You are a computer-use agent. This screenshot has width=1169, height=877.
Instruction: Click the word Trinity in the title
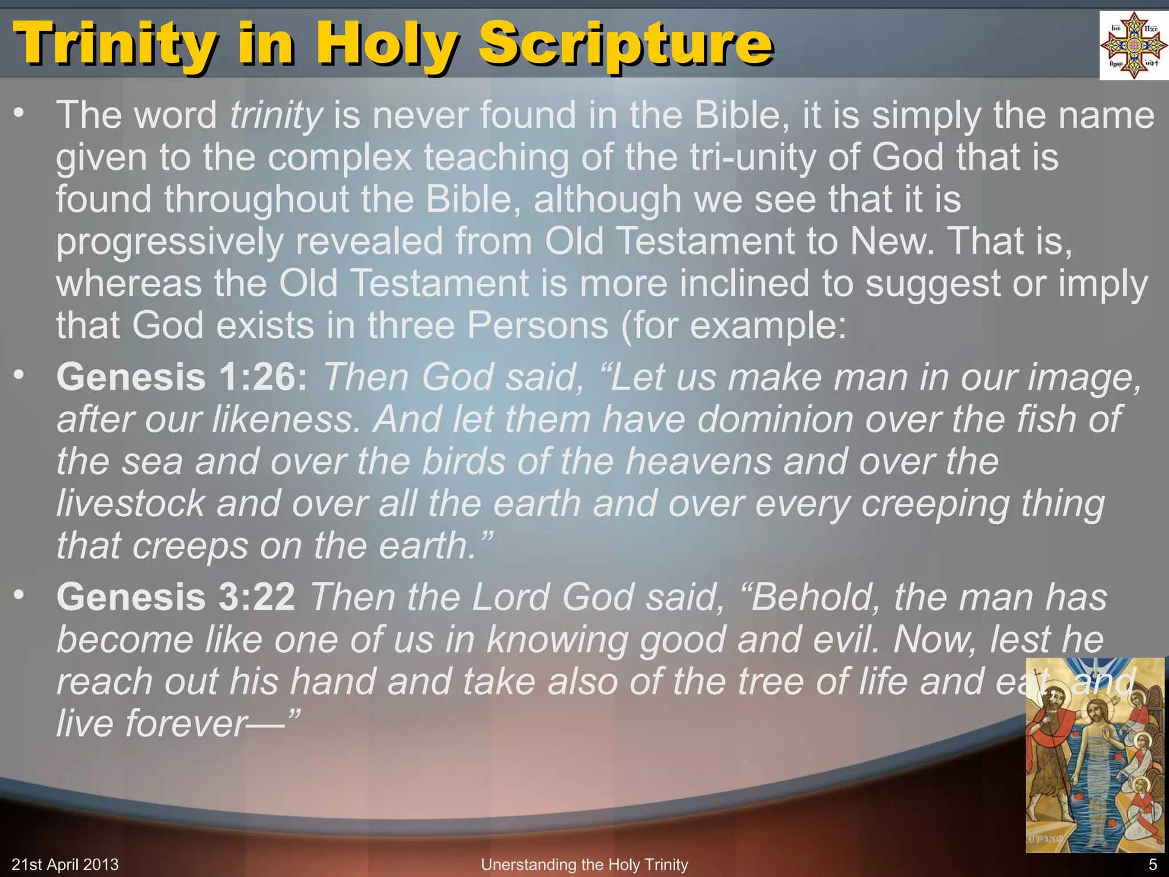coord(115,44)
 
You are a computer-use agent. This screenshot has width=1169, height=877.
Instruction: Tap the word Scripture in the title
coord(626,44)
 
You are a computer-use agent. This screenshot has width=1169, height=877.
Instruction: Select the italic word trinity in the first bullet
coord(276,115)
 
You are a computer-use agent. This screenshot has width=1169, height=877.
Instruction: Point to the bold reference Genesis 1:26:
coord(182,377)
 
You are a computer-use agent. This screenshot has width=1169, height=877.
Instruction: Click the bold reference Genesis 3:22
coord(176,597)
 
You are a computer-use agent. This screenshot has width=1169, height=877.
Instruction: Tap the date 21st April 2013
coord(65,864)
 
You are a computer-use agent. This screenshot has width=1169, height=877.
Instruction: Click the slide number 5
coord(1152,864)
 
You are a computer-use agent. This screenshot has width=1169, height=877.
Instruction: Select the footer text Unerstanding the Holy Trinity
coord(584,864)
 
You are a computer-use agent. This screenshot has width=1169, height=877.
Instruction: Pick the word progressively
coord(170,242)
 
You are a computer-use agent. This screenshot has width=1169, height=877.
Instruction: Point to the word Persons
coord(538,325)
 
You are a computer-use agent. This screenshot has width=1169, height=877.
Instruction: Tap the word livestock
coord(131,504)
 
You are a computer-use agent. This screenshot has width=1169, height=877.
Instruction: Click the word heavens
coord(699,461)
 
